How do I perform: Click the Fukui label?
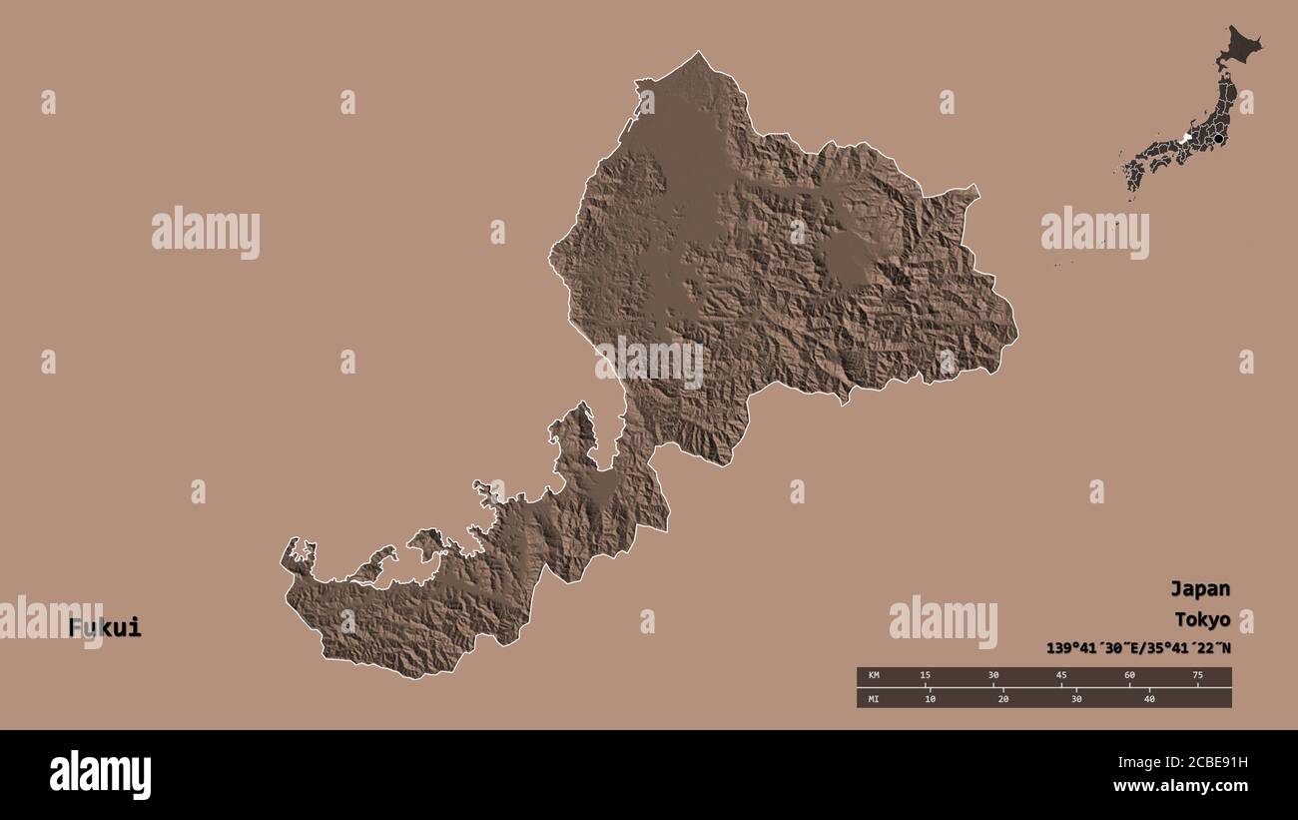[x=105, y=628]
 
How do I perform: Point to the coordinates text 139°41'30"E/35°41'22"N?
[x=1138, y=647]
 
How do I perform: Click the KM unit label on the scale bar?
[x=874, y=676]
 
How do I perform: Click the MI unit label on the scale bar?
[x=874, y=698]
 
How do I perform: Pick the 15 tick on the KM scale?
[x=925, y=676]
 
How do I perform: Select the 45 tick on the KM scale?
[x=1061, y=676]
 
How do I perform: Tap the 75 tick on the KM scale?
[x=1197, y=676]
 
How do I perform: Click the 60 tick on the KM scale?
[x=1129, y=676]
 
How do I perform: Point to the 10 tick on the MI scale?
[x=930, y=698]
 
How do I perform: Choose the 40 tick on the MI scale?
[x=1149, y=698]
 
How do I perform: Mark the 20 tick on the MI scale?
[x=1003, y=698]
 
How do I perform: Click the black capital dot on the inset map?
[x=1218, y=138]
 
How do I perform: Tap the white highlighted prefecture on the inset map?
[x=1186, y=139]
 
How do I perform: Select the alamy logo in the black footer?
[x=100, y=775]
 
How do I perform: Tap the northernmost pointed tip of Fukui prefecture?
[x=699, y=53]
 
